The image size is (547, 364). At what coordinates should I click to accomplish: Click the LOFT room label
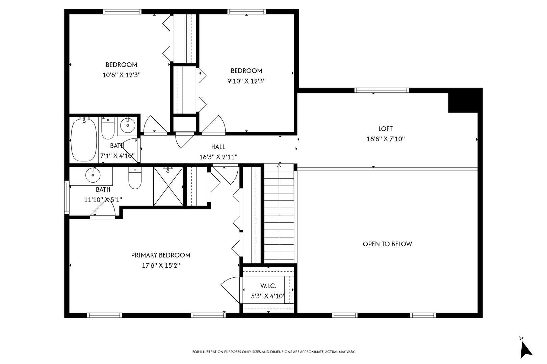click(385, 129)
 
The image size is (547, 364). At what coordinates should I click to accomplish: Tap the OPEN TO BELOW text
click(387, 244)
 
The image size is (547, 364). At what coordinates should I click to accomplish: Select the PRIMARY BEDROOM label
click(161, 255)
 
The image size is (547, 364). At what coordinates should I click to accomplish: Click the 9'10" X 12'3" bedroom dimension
click(246, 81)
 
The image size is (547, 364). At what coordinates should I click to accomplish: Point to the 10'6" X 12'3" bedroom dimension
click(122, 75)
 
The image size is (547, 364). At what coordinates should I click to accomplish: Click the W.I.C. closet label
click(268, 286)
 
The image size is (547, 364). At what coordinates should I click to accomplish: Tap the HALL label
click(218, 147)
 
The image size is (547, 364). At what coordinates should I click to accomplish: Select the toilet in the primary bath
click(135, 179)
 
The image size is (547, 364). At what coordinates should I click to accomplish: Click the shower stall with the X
click(168, 186)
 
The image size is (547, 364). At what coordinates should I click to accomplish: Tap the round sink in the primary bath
click(93, 175)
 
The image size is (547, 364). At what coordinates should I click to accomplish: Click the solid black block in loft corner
click(463, 100)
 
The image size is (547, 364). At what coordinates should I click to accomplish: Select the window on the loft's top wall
click(382, 90)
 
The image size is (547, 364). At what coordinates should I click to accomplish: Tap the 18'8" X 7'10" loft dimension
click(385, 139)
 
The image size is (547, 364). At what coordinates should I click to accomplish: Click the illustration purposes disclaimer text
click(273, 352)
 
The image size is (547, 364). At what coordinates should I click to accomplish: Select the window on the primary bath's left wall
click(67, 198)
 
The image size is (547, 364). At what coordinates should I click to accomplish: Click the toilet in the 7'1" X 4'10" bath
click(108, 129)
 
